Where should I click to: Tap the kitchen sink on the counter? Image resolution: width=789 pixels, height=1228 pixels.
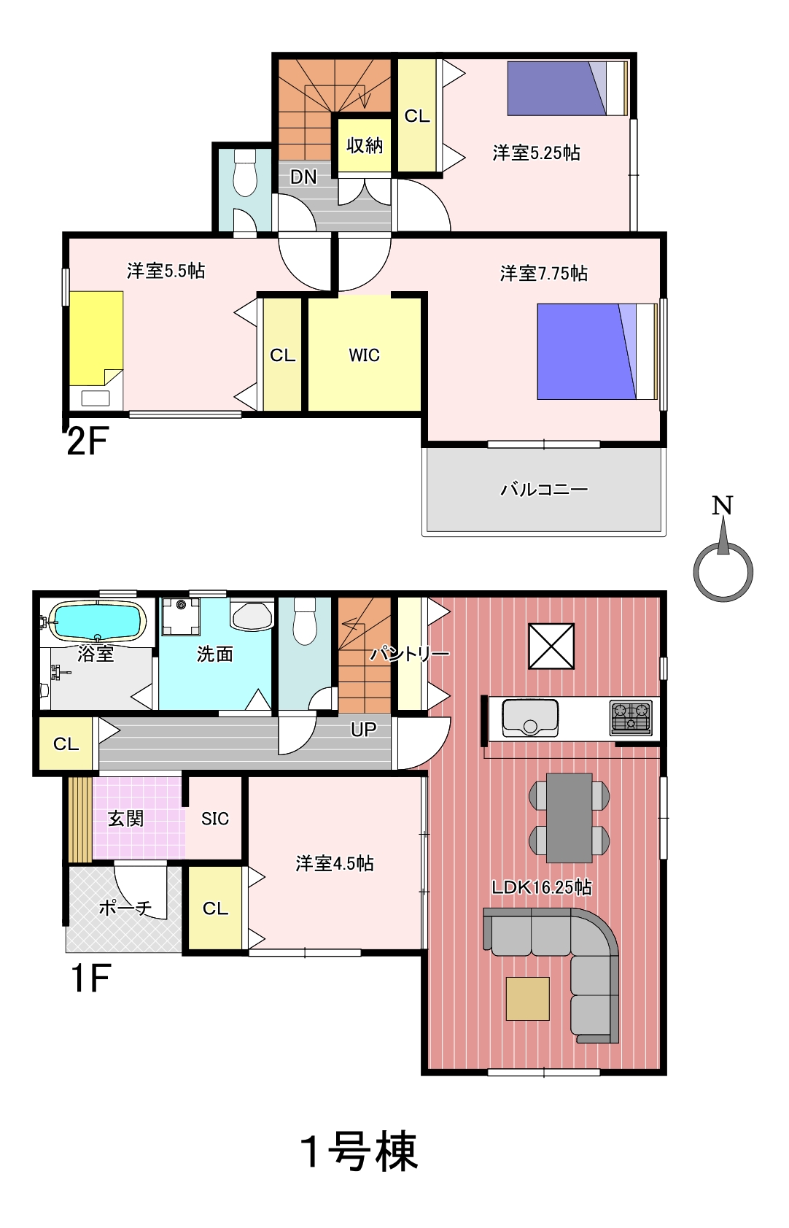[x=530, y=718]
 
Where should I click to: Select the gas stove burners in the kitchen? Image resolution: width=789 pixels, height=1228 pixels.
[x=631, y=717]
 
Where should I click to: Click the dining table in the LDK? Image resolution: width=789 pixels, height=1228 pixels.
[x=570, y=817]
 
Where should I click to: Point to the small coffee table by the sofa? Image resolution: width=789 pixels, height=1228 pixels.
[x=528, y=999]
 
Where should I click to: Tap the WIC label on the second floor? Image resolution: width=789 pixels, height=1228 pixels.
[x=364, y=355]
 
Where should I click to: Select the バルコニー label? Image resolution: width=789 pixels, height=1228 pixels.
[x=543, y=488]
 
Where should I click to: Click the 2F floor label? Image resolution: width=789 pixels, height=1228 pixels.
[x=87, y=441]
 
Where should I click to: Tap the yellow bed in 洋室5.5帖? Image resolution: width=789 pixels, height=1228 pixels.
[x=96, y=339]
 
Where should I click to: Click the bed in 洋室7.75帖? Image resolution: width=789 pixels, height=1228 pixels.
[x=596, y=352]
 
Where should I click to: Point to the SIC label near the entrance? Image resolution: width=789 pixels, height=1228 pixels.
[x=215, y=819]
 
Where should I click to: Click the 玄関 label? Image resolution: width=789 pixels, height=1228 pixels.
[x=125, y=819]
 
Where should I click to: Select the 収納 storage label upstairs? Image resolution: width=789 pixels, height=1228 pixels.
[x=365, y=145]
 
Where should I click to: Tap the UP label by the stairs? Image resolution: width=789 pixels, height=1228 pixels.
[x=363, y=729]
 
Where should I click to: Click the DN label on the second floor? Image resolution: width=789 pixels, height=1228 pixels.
[x=303, y=177]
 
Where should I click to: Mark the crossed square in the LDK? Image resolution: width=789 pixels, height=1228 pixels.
[x=551, y=646]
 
